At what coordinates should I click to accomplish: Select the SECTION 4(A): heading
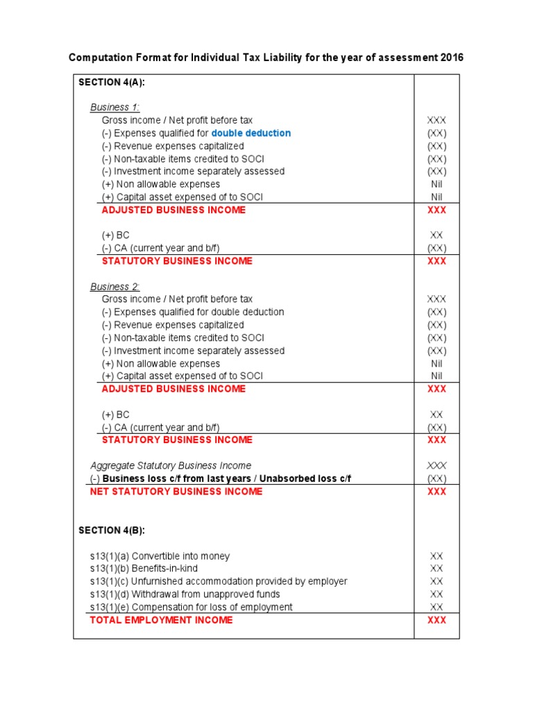point(112,82)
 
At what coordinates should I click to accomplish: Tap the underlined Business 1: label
point(115,108)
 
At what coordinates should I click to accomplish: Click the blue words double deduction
point(251,133)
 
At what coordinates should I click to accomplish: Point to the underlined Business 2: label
point(115,287)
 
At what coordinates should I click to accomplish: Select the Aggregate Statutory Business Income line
point(171,466)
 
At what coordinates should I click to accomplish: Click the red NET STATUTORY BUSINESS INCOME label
point(176,492)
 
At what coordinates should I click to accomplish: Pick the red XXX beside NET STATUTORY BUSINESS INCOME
point(437,492)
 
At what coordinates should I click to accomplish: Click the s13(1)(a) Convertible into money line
point(160,556)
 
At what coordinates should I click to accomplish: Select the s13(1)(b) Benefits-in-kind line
point(144,569)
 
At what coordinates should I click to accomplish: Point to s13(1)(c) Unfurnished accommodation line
point(219,581)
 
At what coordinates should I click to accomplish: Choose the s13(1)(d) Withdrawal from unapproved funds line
point(185,594)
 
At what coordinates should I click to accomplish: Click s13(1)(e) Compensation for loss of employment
point(192,608)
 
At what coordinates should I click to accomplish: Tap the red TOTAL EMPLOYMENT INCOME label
point(162,620)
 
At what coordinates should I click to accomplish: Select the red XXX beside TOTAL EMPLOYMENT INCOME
point(437,620)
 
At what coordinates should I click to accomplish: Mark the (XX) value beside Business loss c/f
point(437,479)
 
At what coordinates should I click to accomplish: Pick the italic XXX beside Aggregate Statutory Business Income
point(437,466)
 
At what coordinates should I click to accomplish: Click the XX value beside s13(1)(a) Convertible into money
point(437,556)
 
